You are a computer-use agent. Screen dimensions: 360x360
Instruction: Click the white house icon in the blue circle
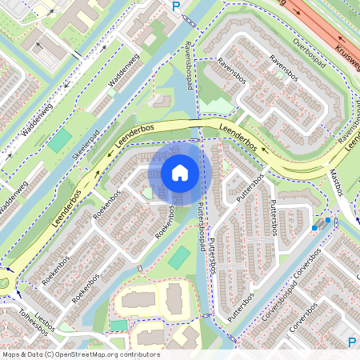[x=180, y=172]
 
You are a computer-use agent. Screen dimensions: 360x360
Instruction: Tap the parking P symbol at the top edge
[x=176, y=6]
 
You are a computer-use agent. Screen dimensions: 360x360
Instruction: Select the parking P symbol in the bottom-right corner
[x=352, y=342]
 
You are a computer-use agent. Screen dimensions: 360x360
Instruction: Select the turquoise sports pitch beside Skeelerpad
[x=60, y=140]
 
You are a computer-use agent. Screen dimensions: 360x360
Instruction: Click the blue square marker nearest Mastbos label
[x=327, y=220]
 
